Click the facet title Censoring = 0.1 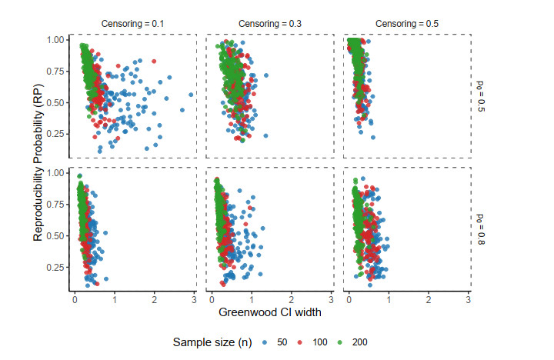(x=132, y=24)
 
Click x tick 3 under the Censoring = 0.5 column (x=469, y=298)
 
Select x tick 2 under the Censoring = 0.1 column (x=154, y=298)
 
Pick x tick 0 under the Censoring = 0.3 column (x=211, y=298)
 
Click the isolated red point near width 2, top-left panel (x=154, y=61)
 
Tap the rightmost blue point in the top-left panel (x=191, y=95)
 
